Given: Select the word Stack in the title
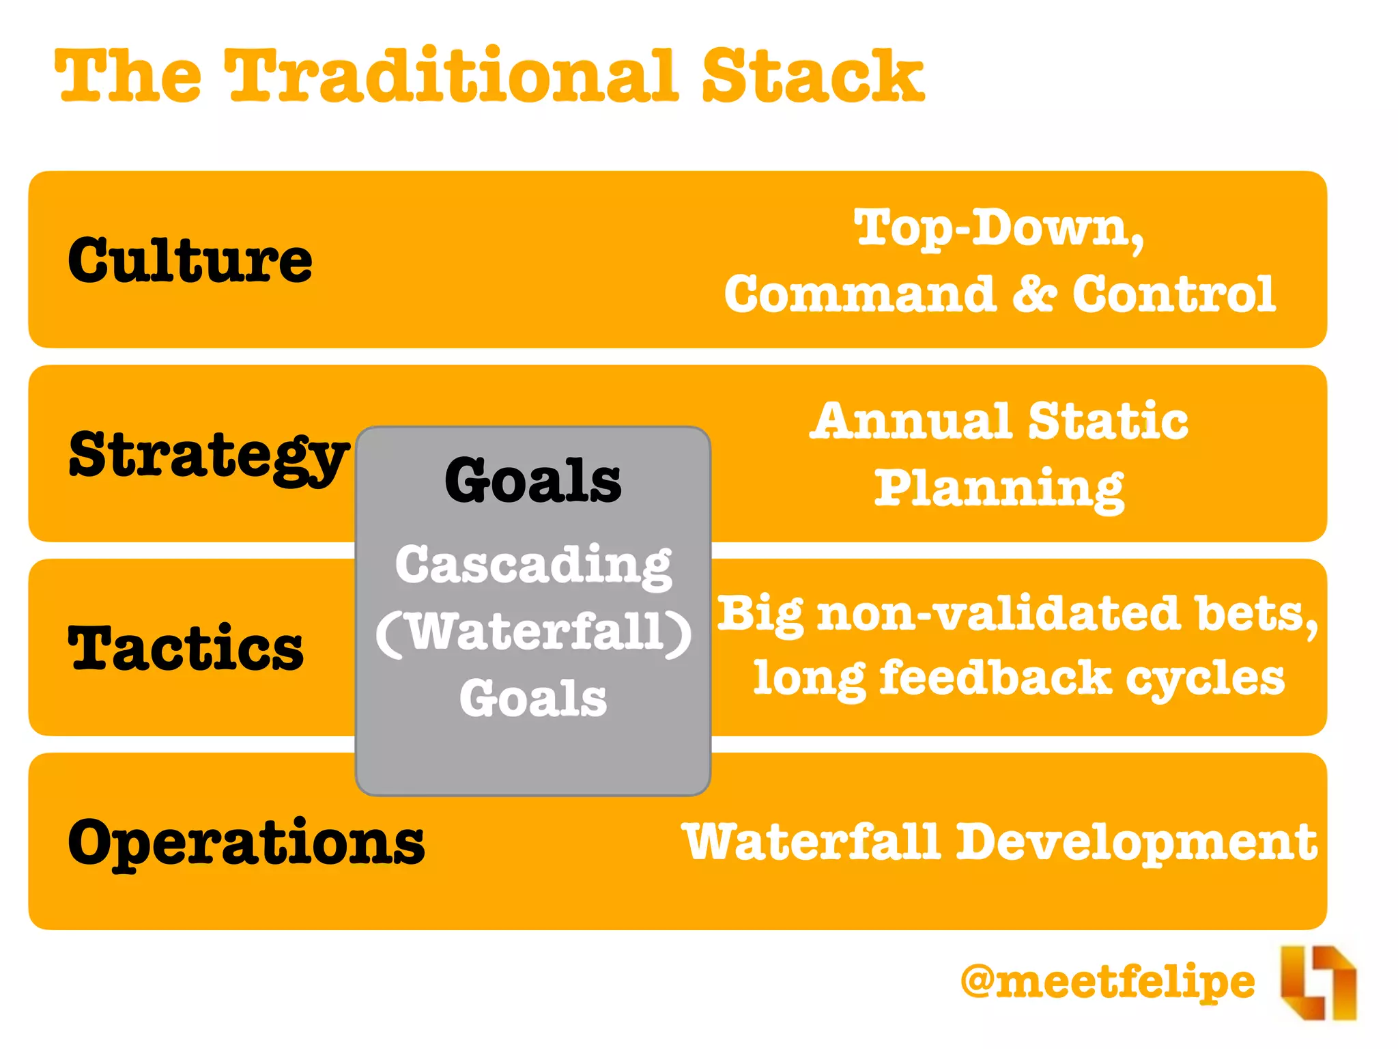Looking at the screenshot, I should pos(812,76).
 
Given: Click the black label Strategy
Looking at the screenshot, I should pos(208,456).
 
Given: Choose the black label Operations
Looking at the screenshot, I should pos(246,842).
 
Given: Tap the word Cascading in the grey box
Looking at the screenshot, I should pos(533,565).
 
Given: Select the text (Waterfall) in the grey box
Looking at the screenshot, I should pos(533,632).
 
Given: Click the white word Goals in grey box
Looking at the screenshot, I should pos(533,698).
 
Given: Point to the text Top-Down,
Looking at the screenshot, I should pos(999,229).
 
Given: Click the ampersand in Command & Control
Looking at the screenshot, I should pos(1034,294).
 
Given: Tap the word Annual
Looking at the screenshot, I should pos(911,421).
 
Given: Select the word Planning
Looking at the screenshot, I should pos(999,489).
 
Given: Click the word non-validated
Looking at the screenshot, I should pos(999,613).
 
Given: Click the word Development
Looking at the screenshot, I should pos(1136,842).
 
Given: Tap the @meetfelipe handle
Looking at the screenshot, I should pos(1107,982).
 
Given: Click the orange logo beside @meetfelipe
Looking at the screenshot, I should pos(1318,983).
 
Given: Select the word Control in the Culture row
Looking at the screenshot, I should pos(1173,294).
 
